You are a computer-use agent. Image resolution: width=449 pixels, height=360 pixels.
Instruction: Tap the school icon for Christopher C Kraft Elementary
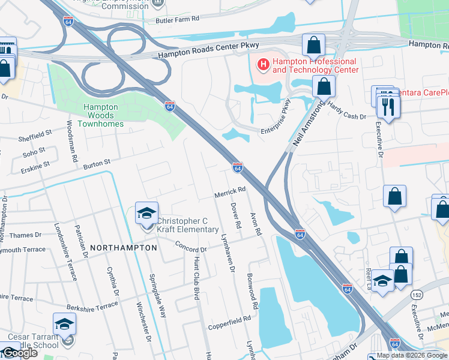pyautogui.click(x=146, y=214)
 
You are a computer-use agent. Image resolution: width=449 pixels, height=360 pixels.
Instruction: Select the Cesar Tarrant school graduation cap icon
pyautogui.click(x=64, y=326)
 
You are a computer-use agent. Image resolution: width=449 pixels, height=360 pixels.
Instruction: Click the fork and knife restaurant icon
pyautogui.click(x=388, y=106)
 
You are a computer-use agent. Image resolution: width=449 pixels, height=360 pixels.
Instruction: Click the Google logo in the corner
pyautogui.click(x=19, y=353)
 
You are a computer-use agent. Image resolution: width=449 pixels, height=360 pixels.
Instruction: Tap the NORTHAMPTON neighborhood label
pyautogui.click(x=124, y=247)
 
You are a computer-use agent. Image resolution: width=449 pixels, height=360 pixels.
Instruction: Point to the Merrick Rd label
pyautogui.click(x=231, y=191)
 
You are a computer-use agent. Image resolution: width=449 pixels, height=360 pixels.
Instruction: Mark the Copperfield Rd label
pyautogui.click(x=229, y=323)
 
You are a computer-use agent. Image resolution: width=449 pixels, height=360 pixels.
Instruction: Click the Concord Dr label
pyautogui.click(x=191, y=246)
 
